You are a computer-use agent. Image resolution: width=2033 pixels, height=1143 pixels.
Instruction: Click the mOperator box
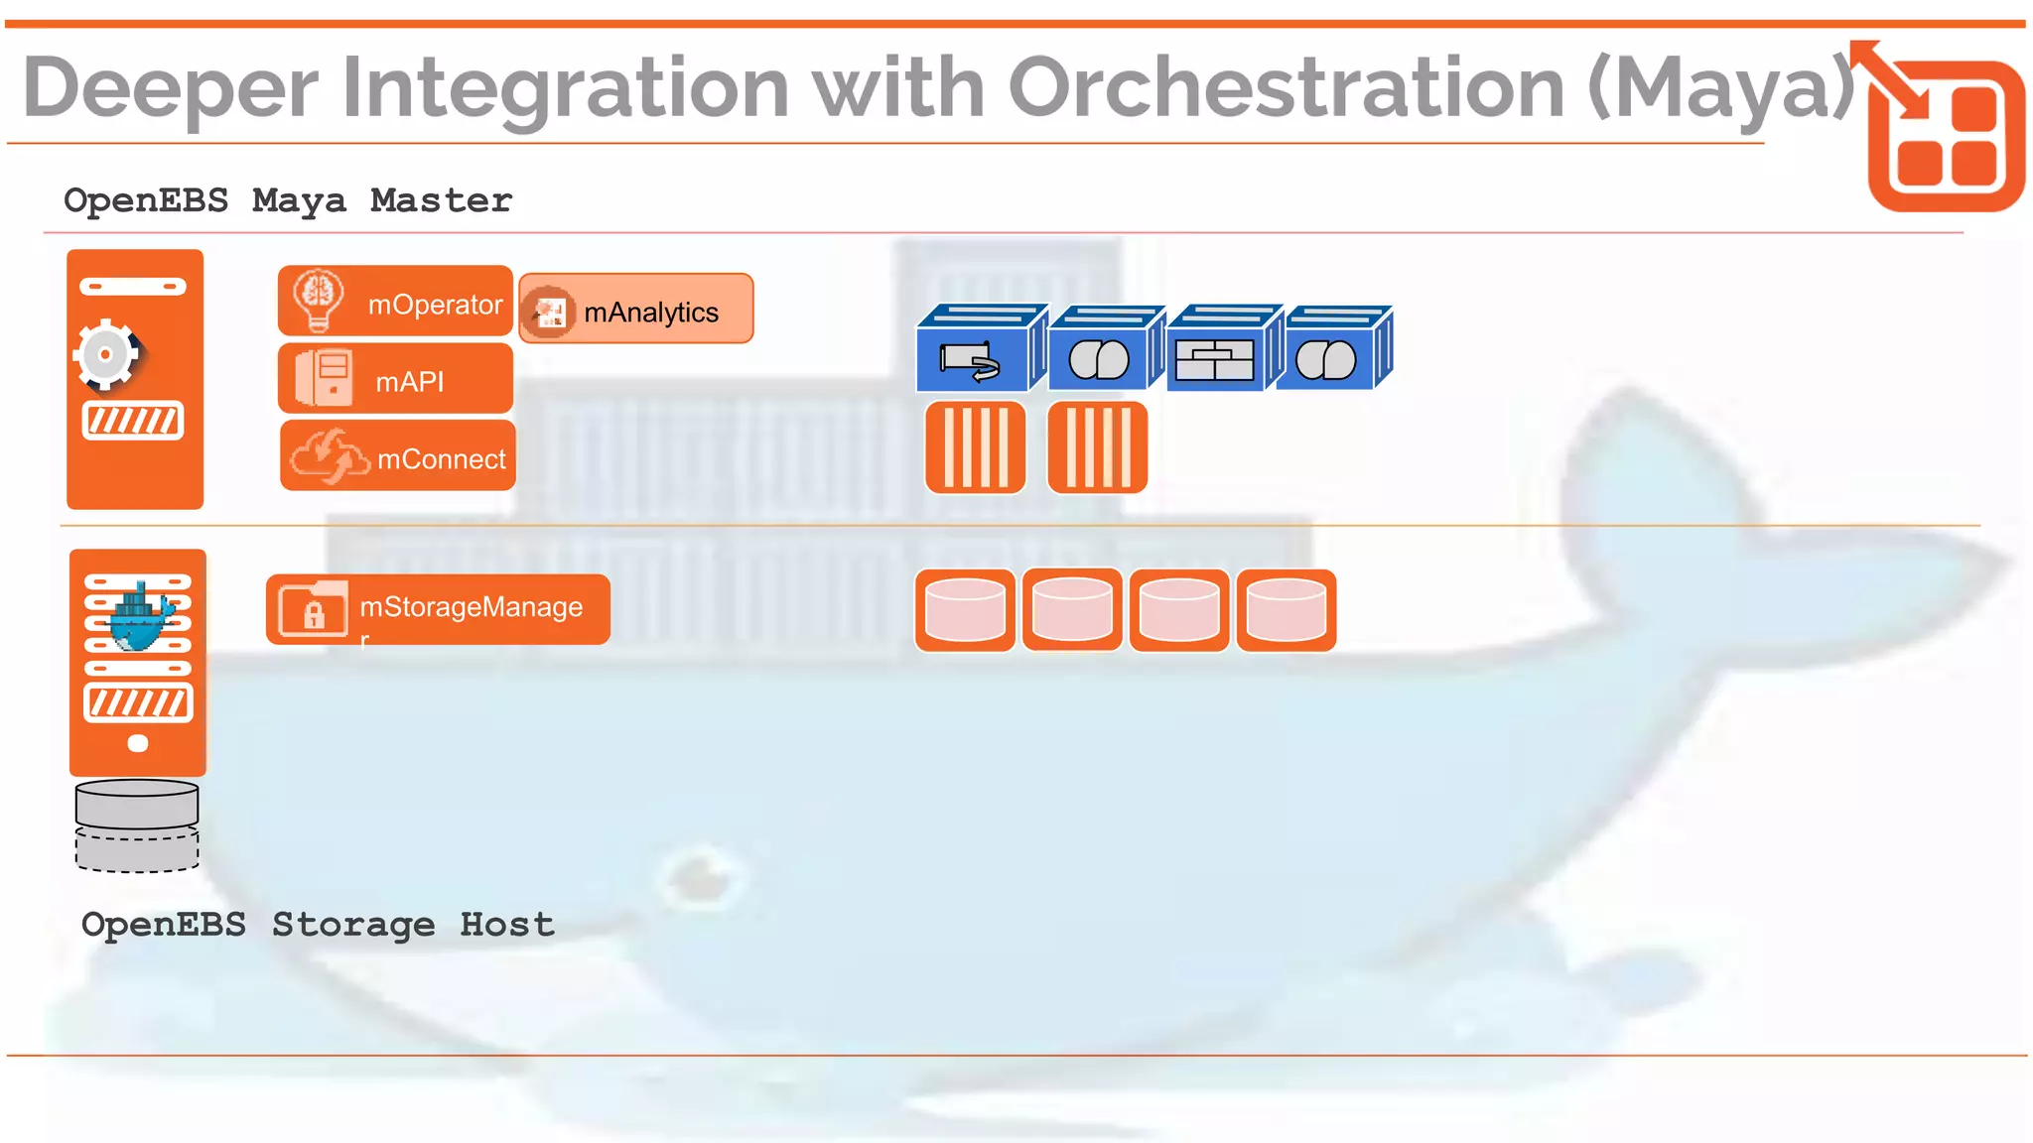[395, 302]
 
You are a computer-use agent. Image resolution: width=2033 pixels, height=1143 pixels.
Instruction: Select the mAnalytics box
[635, 310]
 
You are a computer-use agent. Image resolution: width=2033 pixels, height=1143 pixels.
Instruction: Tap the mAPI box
[395, 379]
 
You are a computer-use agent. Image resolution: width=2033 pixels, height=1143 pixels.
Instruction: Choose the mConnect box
[397, 456]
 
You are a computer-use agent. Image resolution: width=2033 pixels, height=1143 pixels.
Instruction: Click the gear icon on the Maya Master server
[106, 354]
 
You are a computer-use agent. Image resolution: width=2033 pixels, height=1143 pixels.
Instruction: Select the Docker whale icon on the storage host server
[140, 618]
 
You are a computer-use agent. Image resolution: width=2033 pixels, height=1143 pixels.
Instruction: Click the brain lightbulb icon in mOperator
[319, 300]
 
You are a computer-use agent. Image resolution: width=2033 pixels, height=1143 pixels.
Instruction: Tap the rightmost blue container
[1332, 349]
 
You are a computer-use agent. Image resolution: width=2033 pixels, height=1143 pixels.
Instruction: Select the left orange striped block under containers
[975, 447]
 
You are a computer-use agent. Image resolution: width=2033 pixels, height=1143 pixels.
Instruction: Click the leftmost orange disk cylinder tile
[965, 610]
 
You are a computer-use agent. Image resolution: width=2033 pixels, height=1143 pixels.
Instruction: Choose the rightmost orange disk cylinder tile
[1287, 610]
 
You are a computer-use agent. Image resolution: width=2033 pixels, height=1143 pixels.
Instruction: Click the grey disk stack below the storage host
[137, 825]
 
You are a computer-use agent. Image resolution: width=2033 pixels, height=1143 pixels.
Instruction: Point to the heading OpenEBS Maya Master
[288, 200]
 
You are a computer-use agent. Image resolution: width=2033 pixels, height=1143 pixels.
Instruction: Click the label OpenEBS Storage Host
[318, 925]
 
